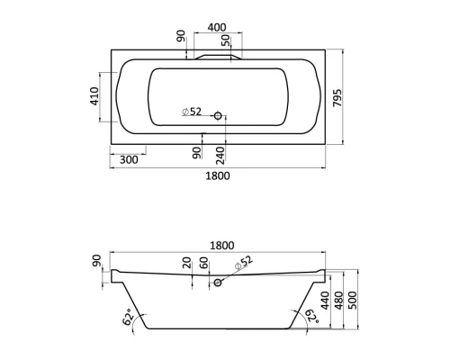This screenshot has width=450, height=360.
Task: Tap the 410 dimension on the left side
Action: pyautogui.click(x=94, y=95)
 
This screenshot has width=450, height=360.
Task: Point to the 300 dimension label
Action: pyautogui.click(x=129, y=159)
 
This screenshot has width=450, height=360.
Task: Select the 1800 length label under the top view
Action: pyautogui.click(x=217, y=175)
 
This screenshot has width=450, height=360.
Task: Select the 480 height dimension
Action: pyautogui.click(x=340, y=301)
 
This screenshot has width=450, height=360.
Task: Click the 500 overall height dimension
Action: pyautogui.click(x=354, y=301)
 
